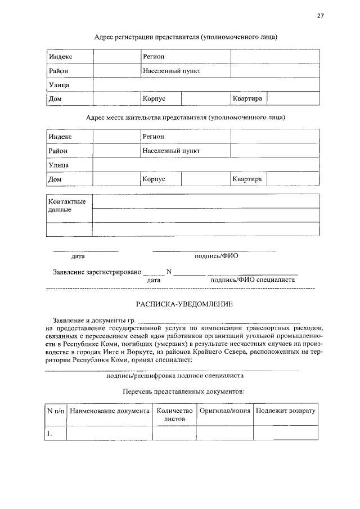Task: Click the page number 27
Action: tap(320, 16)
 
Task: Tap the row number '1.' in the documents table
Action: tap(51, 433)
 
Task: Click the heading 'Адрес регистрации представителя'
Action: tap(186, 37)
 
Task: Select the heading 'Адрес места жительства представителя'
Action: tap(186, 118)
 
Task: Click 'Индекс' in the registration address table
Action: tap(60, 57)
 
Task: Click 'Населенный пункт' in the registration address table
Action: tap(172, 71)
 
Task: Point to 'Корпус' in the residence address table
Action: tap(154, 179)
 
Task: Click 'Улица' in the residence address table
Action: tap(59, 165)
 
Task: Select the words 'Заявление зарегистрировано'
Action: tap(97, 272)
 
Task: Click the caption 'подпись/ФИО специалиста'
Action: tap(252, 279)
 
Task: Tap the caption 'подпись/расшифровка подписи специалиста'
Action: tap(175, 376)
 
